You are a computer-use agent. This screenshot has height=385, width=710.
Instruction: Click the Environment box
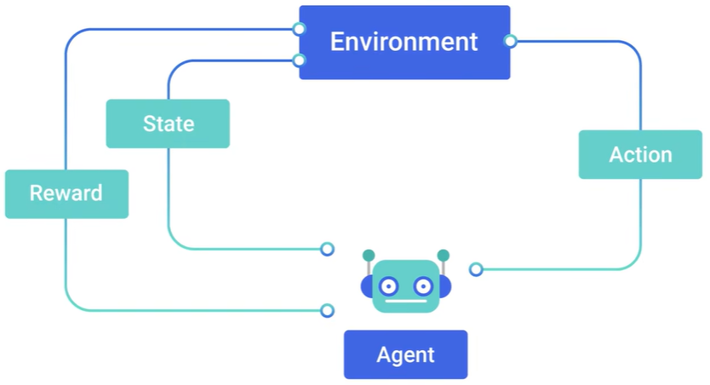point(404,42)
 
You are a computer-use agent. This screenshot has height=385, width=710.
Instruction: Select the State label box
point(168,124)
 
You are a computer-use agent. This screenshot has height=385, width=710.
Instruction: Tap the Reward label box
point(66,194)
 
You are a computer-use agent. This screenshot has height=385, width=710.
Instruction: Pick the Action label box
point(640,154)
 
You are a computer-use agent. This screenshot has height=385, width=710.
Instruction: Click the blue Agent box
point(406,354)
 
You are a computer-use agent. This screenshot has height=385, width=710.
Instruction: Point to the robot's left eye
point(388,286)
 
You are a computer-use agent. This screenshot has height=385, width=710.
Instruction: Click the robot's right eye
point(423,286)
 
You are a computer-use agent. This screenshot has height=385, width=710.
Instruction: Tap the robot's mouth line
point(406,302)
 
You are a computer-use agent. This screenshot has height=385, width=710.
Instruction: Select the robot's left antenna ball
point(369,256)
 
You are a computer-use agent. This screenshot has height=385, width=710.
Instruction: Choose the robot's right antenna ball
point(444,256)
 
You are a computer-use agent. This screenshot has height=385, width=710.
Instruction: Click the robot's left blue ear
point(366,287)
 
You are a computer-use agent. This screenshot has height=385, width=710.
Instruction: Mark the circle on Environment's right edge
point(510,41)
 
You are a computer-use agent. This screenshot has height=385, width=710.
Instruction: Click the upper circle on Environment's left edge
point(299,29)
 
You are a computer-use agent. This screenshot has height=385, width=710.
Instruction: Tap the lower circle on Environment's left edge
point(299,60)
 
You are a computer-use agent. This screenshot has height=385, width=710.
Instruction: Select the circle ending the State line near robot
point(328,249)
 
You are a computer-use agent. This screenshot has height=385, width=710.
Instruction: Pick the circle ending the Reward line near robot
point(328,311)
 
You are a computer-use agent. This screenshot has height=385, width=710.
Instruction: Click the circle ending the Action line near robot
point(476,269)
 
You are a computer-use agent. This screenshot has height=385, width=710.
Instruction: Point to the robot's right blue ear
point(445,287)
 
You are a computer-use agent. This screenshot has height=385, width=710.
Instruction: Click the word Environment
point(404,42)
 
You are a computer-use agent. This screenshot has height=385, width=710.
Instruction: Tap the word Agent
point(406,355)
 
